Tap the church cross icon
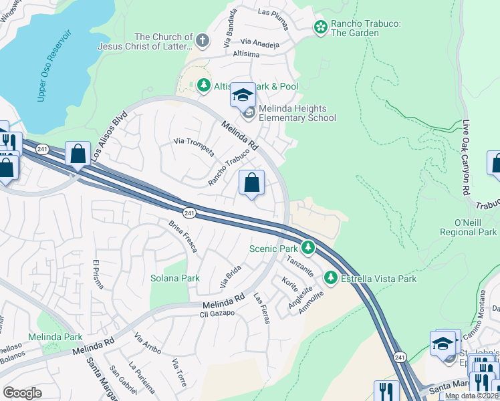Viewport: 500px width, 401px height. (x=203, y=41)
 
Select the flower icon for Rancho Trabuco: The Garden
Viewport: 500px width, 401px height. (x=321, y=27)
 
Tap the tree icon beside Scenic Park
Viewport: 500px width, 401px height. (x=307, y=248)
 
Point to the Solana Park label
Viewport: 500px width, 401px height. (x=174, y=278)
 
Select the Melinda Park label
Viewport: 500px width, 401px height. (x=55, y=336)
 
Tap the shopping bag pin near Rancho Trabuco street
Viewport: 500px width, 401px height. (x=252, y=182)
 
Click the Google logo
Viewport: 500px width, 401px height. (x=22, y=393)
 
